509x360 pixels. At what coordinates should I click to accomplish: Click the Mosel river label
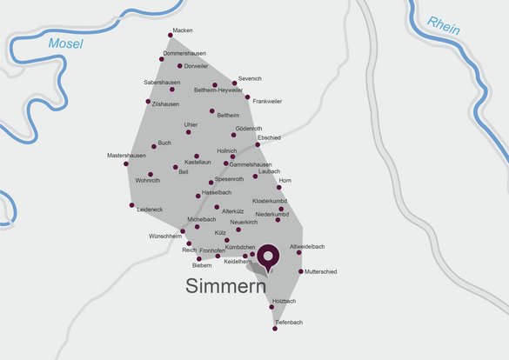point(67,43)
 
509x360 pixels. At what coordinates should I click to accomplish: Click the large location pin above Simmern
point(269,256)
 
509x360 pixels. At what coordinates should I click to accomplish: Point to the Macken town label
point(183,30)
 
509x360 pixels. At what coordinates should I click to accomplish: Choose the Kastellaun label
point(198,162)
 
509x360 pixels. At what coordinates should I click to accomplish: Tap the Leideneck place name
point(151,210)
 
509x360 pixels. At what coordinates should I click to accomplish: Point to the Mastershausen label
point(126,156)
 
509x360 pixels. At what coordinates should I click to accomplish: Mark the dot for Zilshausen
point(148,101)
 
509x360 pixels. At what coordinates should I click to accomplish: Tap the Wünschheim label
point(165,236)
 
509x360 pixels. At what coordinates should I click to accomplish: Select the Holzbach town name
point(284,301)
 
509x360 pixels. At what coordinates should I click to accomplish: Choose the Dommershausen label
point(184,53)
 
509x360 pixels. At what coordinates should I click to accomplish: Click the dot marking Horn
point(279,187)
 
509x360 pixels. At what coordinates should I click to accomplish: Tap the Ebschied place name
point(269,137)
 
